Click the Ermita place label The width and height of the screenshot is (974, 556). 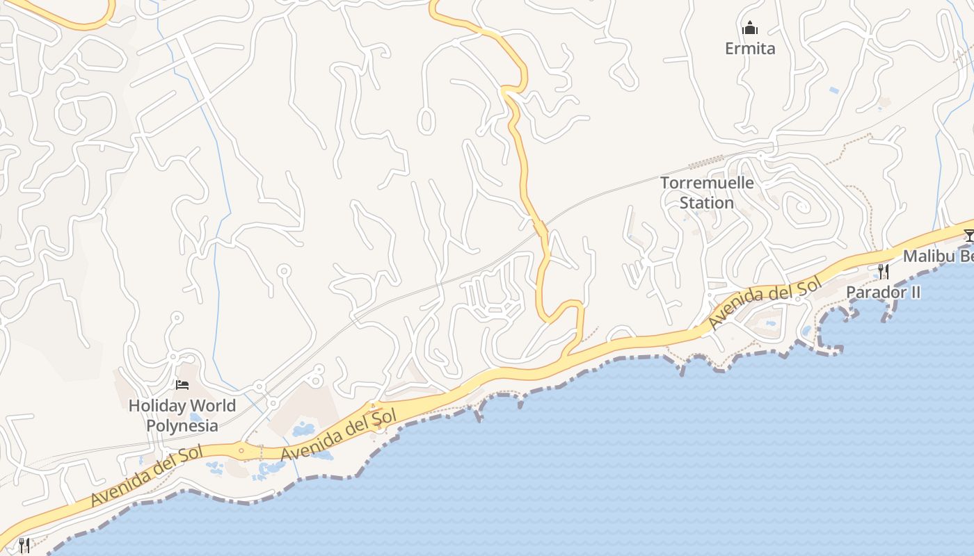tap(749, 49)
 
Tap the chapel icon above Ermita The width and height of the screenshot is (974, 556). tap(749, 28)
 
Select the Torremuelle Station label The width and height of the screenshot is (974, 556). tap(706, 193)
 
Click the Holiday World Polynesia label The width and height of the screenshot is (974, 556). tap(182, 415)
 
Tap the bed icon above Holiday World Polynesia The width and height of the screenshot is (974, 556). tap(182, 384)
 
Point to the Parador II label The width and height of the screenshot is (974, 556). tap(883, 293)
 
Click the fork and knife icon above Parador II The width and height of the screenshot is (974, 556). tap(883, 271)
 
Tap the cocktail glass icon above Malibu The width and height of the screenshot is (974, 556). tap(969, 235)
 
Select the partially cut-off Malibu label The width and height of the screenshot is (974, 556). tap(938, 256)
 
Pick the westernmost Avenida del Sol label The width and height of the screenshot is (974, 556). tap(147, 475)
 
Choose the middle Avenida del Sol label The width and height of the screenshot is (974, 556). tap(338, 434)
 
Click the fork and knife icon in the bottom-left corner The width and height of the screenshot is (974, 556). tap(24, 545)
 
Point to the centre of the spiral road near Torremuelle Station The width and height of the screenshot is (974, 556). tap(802, 206)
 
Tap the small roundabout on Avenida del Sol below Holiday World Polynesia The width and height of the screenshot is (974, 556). tap(241, 450)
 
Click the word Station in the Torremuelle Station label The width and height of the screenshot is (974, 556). tap(706, 203)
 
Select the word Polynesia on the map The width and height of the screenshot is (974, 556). tap(182, 425)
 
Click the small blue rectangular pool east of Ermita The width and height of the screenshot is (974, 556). tap(834, 90)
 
